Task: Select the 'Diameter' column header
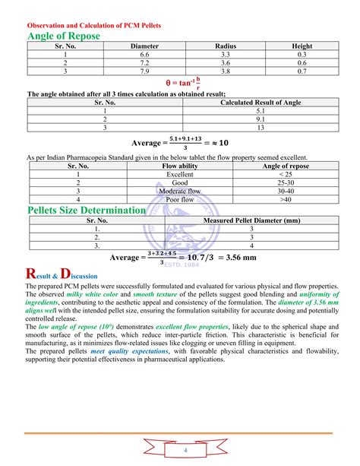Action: [x=144, y=46]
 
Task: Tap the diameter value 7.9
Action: [x=144, y=71]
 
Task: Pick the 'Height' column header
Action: [x=302, y=46]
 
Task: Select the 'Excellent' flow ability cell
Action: [x=180, y=174]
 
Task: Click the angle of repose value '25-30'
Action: [x=286, y=182]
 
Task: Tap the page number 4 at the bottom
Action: [x=183, y=451]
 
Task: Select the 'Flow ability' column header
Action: [x=180, y=166]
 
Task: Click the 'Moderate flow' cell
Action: [x=180, y=191]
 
